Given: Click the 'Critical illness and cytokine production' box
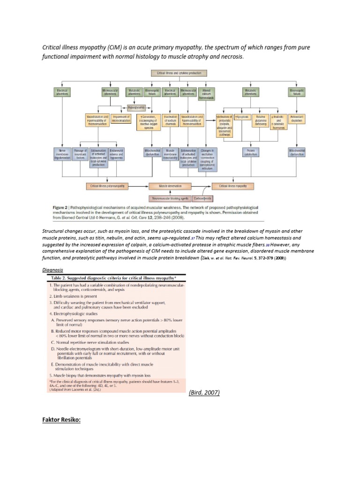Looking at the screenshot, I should point(180,73).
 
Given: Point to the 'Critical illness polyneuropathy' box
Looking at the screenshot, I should point(107,186).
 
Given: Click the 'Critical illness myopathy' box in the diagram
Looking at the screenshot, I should point(232,186).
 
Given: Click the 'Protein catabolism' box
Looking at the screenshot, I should point(250,152).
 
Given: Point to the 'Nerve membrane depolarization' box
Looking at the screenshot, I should point(62,154).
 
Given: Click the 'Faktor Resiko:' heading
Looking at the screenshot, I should point(62,420).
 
